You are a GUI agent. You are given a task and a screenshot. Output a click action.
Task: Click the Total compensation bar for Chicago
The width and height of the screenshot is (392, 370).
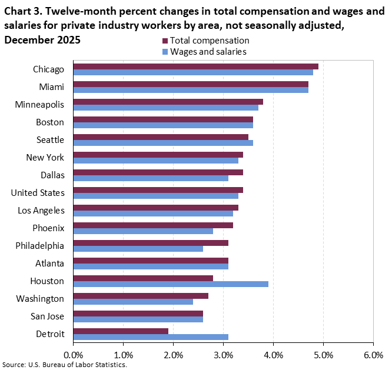(x=195, y=66)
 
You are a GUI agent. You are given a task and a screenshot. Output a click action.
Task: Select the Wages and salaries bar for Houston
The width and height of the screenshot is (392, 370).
(x=171, y=284)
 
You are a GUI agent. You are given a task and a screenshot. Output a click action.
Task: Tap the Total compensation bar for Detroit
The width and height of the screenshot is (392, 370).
(x=121, y=331)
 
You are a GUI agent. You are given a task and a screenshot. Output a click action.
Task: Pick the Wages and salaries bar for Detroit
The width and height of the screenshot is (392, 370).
(x=151, y=337)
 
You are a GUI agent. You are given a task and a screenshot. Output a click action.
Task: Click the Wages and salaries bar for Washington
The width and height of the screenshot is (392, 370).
(x=133, y=302)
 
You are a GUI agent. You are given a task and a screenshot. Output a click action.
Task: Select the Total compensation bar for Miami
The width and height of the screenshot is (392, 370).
(x=191, y=84)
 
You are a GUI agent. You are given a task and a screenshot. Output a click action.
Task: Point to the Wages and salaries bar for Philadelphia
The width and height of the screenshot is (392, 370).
(x=138, y=249)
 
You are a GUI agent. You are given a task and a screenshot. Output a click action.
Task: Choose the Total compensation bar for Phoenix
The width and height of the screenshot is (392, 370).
(x=153, y=225)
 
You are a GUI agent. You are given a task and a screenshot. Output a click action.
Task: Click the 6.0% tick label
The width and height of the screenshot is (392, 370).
(x=373, y=355)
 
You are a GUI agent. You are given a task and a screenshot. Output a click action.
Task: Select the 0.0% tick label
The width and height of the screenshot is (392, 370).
(x=73, y=355)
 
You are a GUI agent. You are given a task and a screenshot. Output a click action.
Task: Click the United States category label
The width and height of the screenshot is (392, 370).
(x=38, y=192)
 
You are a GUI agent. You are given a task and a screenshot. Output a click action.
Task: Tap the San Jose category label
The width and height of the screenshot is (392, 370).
(x=47, y=316)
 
